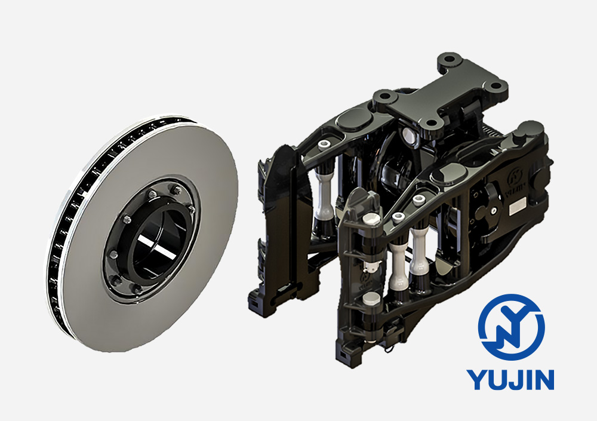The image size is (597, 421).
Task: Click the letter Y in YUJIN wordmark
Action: tap(476, 379)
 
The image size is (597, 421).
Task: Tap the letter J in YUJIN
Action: tap(510, 380)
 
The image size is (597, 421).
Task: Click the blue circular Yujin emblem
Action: tap(512, 327)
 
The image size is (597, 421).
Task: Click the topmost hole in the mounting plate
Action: tap(450, 60)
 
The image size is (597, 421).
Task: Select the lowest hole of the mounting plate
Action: tap(430, 123)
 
